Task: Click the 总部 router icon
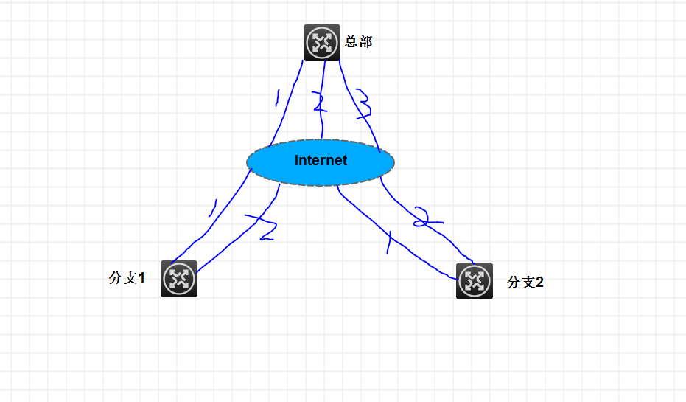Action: pos(322,43)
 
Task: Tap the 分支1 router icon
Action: pos(179,279)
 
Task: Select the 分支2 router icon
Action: pos(475,281)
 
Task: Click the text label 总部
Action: pos(358,42)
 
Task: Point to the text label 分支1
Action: pos(127,278)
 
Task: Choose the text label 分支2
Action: pos(525,282)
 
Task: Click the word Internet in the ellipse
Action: pos(321,160)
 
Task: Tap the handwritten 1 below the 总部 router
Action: pos(276,97)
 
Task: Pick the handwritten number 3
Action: pos(364,104)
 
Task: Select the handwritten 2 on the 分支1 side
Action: pos(263,228)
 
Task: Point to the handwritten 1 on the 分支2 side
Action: pos(388,241)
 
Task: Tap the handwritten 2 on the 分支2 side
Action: pos(423,217)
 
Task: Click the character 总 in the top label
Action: pos(351,42)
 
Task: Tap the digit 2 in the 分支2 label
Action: pos(539,282)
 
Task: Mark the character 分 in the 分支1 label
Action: pos(115,278)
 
